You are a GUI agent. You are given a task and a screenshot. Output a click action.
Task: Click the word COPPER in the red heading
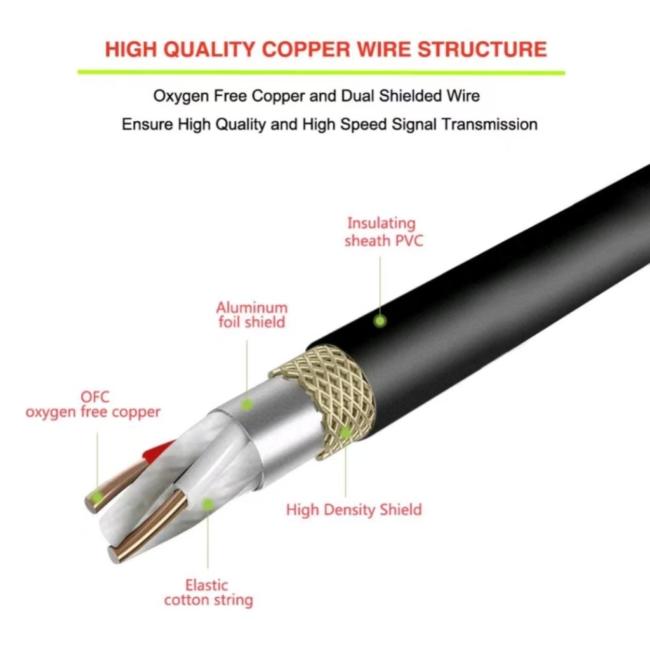307,49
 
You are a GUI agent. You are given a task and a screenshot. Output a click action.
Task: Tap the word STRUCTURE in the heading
482,49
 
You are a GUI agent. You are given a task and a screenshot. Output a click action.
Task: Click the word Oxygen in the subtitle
181,96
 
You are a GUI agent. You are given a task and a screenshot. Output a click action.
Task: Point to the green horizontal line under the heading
321,72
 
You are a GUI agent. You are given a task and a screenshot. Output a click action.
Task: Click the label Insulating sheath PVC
383,232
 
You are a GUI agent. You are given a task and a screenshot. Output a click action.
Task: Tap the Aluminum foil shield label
251,315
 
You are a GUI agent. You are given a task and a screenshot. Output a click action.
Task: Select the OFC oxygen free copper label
93,404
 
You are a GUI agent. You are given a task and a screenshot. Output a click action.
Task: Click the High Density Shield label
354,510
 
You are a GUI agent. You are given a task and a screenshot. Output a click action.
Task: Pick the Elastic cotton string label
208,593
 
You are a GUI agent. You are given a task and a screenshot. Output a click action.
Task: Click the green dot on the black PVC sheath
380,321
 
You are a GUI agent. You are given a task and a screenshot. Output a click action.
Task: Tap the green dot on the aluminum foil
247,404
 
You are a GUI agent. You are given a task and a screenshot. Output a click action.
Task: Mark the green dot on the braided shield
345,432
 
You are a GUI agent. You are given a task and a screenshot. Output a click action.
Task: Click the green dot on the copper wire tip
97,496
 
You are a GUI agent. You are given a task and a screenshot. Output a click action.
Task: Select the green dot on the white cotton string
208,504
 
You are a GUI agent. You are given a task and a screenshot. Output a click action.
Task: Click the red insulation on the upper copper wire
158,451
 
